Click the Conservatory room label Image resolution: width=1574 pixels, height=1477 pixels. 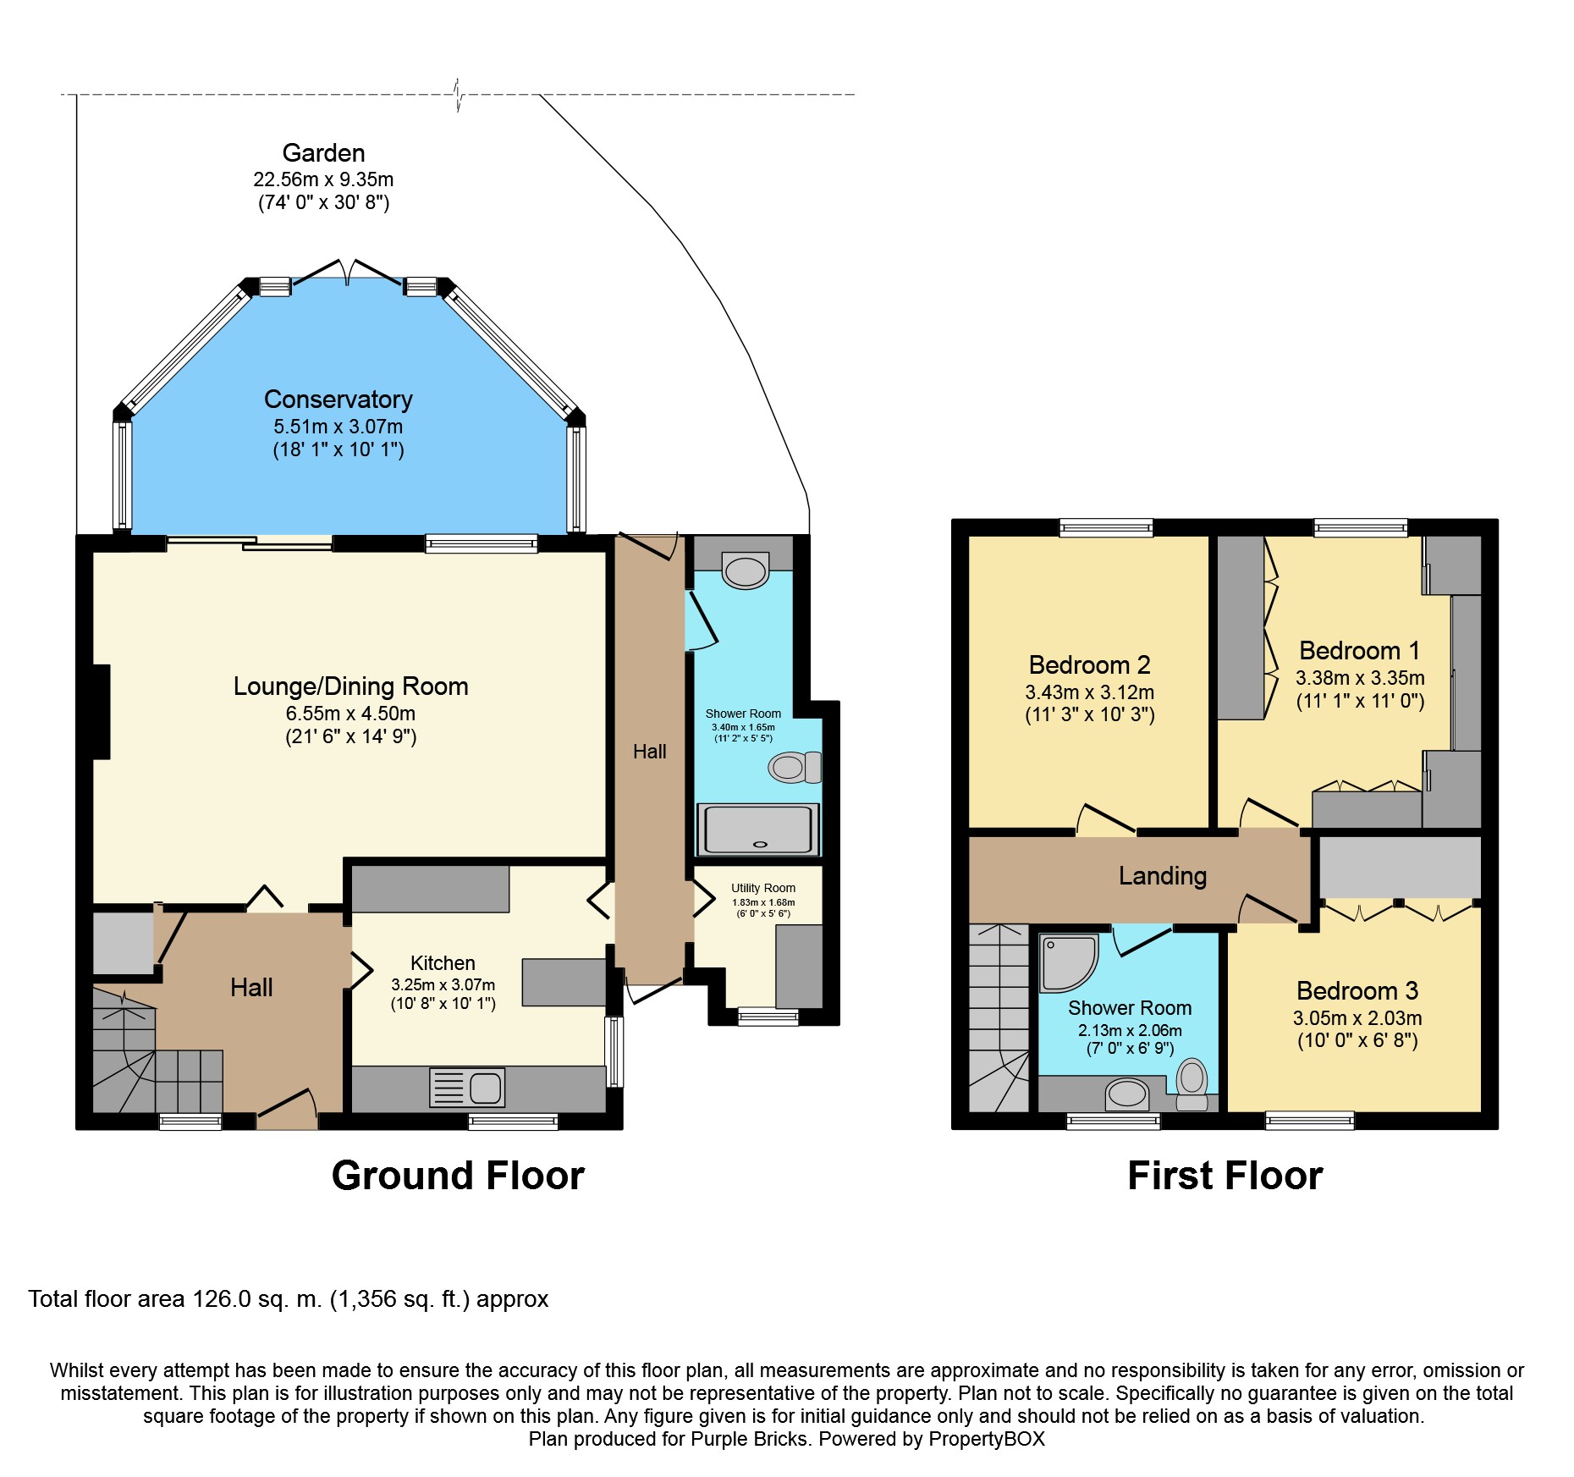pos(338,400)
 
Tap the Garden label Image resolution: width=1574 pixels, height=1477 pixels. pos(323,153)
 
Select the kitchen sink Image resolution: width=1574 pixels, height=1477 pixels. pos(467,1088)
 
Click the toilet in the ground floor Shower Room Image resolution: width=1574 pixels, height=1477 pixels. pos(795,768)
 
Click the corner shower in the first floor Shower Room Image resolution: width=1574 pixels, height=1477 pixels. pos(1069,962)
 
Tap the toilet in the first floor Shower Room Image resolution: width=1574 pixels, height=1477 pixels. pos(1192,1084)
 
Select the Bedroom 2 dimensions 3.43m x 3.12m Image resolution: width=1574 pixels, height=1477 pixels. pos(1090,692)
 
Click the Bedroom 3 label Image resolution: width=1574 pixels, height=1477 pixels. pos(1357,991)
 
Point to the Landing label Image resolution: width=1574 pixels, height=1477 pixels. pos(1163,876)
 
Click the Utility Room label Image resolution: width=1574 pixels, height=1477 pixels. pos(763,888)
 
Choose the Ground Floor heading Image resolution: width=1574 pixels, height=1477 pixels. pos(458,1176)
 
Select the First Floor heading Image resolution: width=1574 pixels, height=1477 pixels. pos(1225,1176)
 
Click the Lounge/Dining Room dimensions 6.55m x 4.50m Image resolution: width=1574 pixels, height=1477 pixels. pos(350,714)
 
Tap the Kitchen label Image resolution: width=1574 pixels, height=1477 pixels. pos(443,963)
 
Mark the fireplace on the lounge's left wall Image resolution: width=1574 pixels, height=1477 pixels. pos(102,712)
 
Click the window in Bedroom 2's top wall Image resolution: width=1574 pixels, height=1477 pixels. pos(1106,528)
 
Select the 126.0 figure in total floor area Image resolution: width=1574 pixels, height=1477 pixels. pos(222,1299)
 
